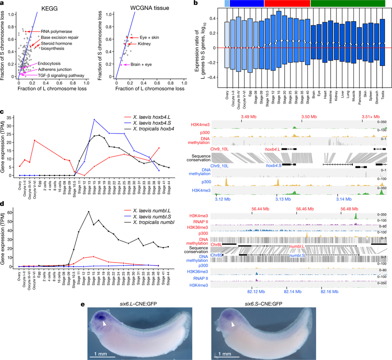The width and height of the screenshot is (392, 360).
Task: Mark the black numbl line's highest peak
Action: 89,212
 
